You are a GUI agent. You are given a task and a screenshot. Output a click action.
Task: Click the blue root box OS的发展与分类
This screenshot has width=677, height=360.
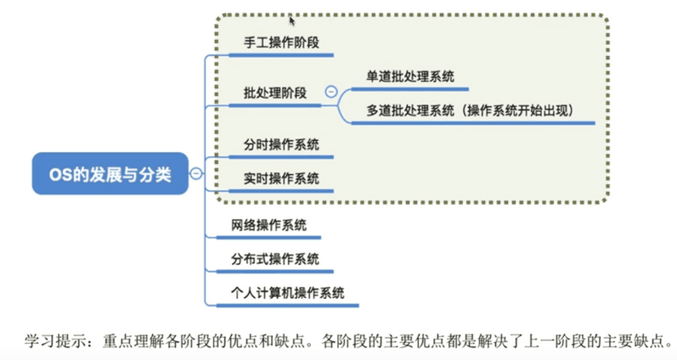point(110,173)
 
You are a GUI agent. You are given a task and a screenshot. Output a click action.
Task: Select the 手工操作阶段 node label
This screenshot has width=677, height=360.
point(281,42)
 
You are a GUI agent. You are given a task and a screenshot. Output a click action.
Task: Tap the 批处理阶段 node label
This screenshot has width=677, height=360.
point(275,93)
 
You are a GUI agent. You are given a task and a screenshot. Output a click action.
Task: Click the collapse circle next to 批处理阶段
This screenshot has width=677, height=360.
point(331,92)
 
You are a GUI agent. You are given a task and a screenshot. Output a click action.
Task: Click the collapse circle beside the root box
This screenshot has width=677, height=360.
point(196,173)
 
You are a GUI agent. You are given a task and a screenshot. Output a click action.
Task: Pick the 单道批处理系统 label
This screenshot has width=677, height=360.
point(410,76)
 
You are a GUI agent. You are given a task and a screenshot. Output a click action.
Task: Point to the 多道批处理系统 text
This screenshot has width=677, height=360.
point(410,110)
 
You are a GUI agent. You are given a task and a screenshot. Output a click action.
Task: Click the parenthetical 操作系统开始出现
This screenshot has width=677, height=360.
point(517,110)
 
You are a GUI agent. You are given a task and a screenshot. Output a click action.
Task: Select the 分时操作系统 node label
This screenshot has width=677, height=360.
point(281,144)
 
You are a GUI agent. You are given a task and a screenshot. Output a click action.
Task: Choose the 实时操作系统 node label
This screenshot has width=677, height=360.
point(281,178)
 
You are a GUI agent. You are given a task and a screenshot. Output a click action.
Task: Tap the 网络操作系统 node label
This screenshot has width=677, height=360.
point(268,225)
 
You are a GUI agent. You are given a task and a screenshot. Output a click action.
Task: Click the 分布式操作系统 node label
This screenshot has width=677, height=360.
point(275,259)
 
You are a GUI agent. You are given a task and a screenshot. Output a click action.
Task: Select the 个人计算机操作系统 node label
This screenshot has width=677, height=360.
point(288,293)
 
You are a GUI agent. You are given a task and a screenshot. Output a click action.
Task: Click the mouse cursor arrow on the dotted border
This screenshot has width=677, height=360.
point(292,20)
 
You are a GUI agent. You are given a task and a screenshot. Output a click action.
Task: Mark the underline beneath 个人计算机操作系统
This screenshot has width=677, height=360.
point(288,306)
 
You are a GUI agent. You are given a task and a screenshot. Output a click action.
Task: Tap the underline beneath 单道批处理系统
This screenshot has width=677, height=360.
point(410,89)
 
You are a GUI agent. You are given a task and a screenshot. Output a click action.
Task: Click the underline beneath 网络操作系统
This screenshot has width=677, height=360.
point(268,238)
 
